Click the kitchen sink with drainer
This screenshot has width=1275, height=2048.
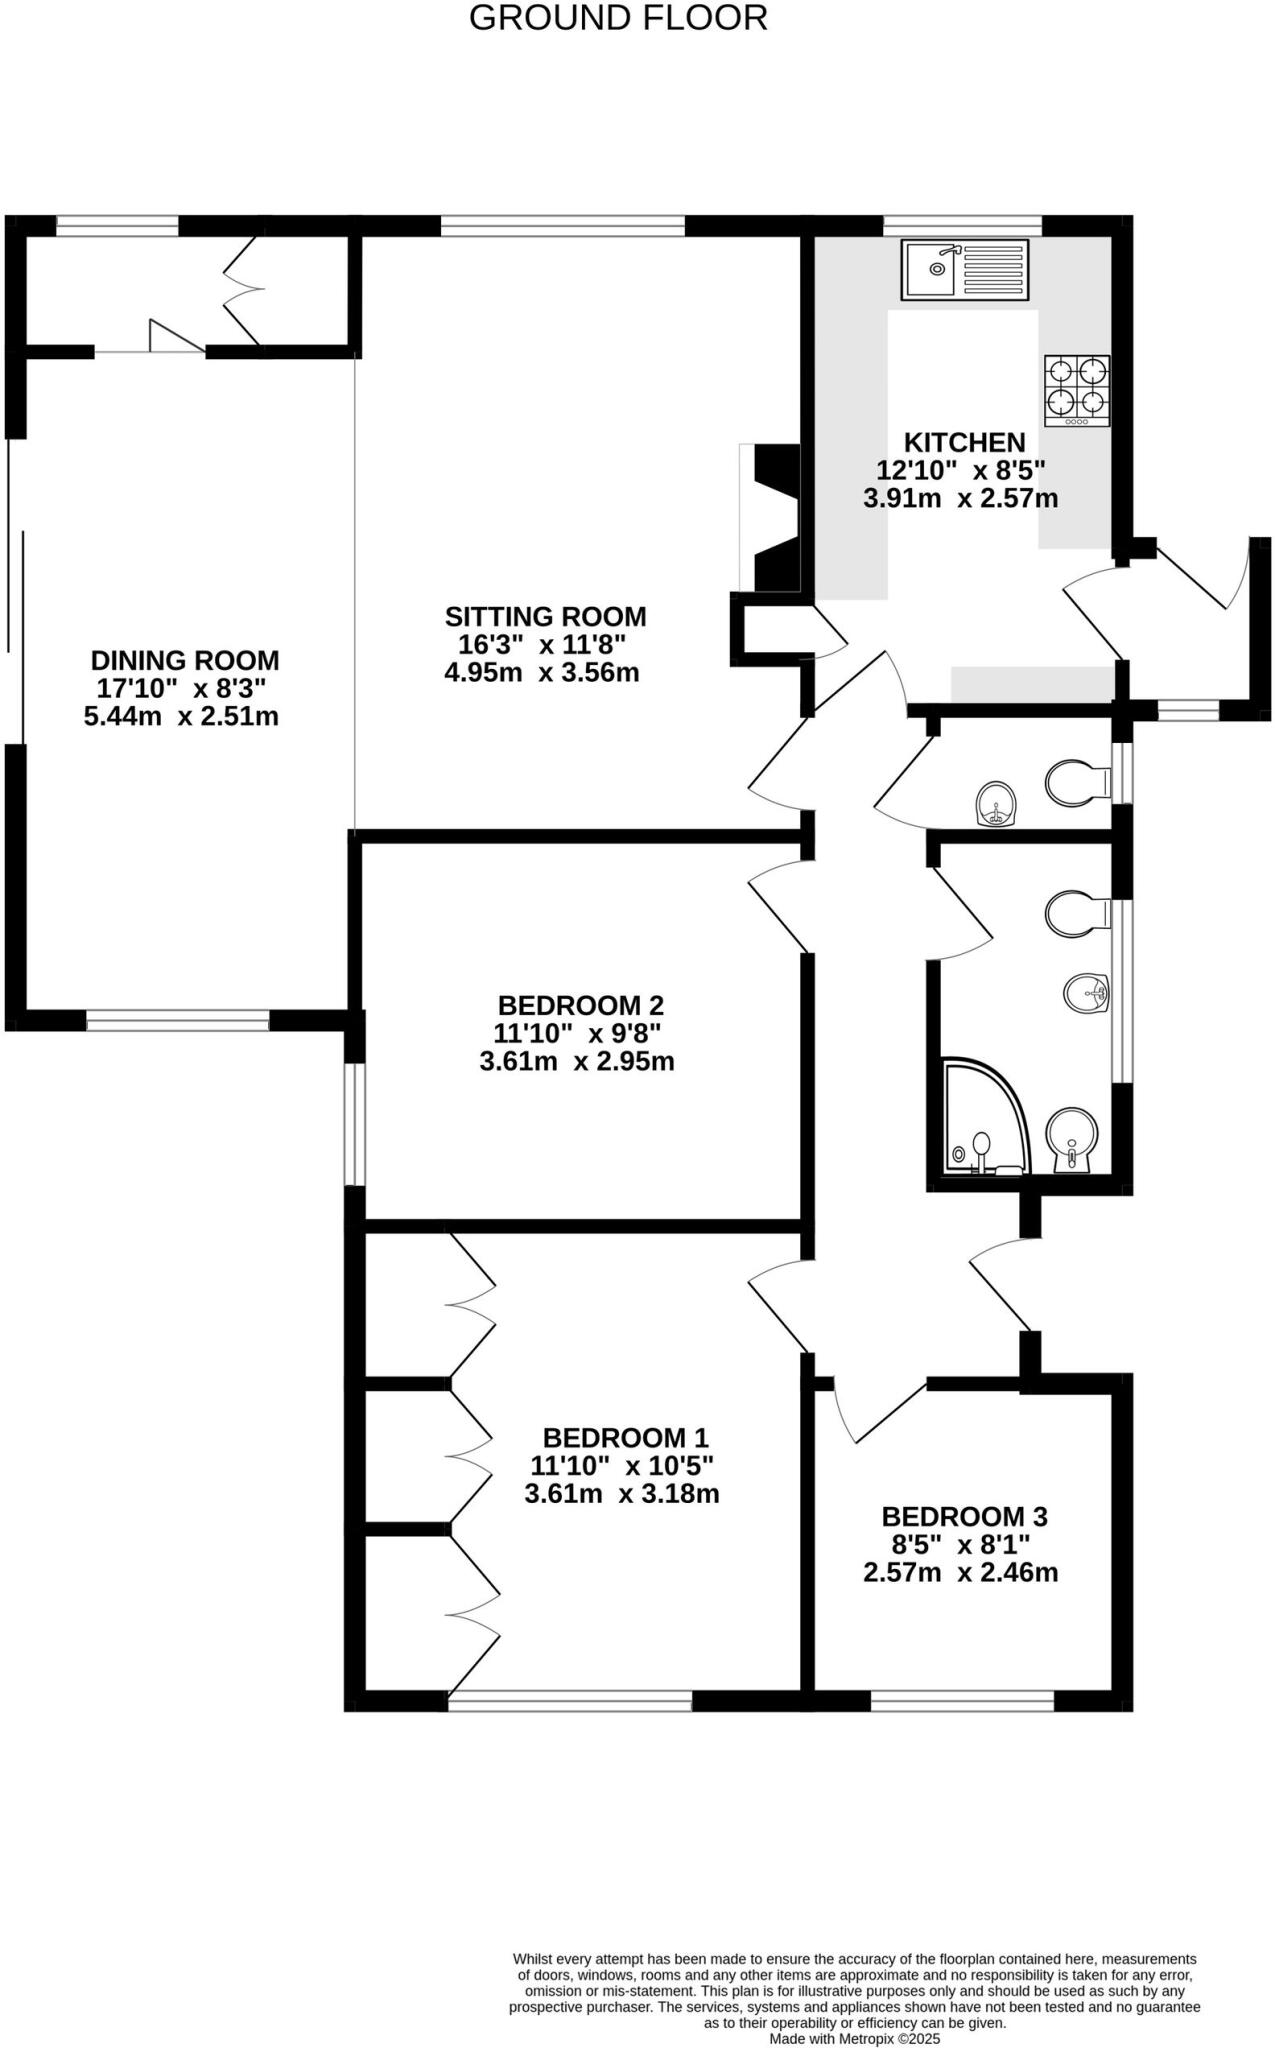(x=964, y=269)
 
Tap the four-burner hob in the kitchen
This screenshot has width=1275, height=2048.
(x=1077, y=390)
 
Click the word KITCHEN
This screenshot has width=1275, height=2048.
(x=964, y=442)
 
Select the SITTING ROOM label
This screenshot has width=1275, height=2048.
(x=545, y=616)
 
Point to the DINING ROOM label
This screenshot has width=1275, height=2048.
(x=185, y=660)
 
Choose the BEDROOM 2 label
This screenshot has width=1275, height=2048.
(x=580, y=1005)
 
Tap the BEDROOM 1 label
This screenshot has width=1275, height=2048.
(x=625, y=1438)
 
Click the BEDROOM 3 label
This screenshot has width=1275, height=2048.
(x=964, y=1516)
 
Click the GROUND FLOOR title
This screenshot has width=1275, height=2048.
(x=618, y=18)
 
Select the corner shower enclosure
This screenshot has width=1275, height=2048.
(x=985, y=1118)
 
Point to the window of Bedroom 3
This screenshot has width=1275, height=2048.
(x=962, y=1700)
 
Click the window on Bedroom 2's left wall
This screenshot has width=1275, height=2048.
(x=354, y=1124)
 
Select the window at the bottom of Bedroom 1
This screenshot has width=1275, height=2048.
(x=570, y=1700)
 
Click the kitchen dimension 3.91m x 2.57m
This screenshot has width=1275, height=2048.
(x=960, y=498)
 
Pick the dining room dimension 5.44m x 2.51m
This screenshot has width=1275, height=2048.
(x=181, y=716)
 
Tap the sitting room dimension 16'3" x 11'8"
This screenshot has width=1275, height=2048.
(x=542, y=644)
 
